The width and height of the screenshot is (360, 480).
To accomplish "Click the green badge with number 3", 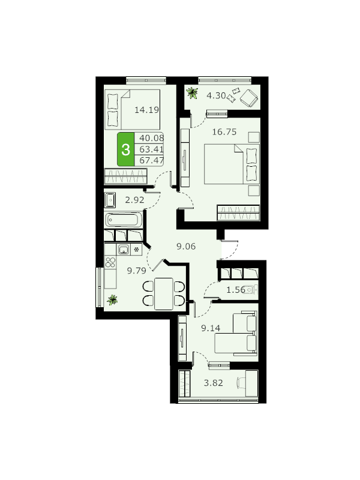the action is click(125, 149).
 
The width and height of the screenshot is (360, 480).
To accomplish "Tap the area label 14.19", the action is click(147, 110).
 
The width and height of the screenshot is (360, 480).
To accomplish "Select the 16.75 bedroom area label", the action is click(224, 132).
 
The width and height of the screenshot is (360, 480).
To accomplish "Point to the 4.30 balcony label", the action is click(216, 95).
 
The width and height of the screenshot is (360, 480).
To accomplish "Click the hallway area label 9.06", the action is click(186, 247).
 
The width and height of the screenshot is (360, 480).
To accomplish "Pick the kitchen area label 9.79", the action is click(137, 271).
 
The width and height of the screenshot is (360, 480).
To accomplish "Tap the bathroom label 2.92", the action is click(134, 200).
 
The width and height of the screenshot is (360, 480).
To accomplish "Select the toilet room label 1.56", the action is click(236, 290).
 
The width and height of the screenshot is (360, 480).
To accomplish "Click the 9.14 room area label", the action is click(211, 328).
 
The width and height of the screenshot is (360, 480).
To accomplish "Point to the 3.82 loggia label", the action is click(214, 383).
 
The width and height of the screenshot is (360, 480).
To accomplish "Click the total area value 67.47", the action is click(152, 160).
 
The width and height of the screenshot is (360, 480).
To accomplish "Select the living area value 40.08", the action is click(152, 138).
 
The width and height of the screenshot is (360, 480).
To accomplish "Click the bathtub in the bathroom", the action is click(124, 220).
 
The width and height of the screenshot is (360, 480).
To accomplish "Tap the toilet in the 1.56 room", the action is click(251, 289).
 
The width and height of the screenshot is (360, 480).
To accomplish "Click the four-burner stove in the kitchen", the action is click(110, 262).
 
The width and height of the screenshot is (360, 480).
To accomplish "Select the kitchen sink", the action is click(124, 250).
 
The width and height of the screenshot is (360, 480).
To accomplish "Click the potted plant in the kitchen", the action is click(112, 299).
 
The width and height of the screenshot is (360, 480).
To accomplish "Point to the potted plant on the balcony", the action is click(192, 92).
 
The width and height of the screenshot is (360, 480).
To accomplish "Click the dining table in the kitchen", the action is click(164, 293).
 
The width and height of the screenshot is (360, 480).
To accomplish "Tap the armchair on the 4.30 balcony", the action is click(249, 98).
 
